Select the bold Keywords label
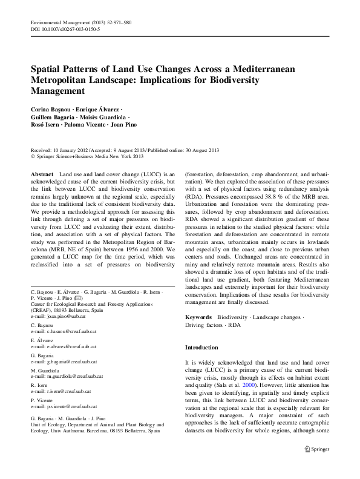(198, 317)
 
